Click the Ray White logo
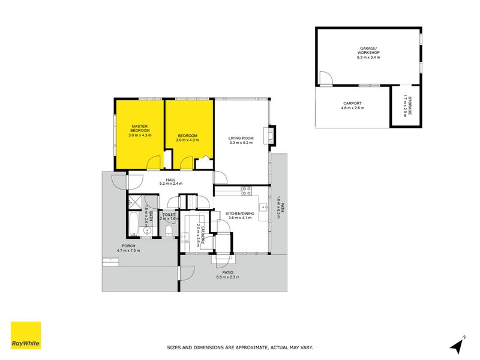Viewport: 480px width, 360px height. tap(26, 335)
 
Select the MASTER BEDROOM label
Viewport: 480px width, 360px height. tap(140, 128)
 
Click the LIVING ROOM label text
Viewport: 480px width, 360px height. tap(241, 139)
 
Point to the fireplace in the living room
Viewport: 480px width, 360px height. tap(272, 135)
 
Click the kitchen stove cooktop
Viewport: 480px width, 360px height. tap(246, 191)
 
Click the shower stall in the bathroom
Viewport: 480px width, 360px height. tap(134, 202)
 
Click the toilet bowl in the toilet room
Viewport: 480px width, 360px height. tap(169, 231)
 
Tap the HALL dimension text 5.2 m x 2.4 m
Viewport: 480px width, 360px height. tap(170, 184)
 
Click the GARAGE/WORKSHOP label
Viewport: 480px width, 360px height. tap(368, 50)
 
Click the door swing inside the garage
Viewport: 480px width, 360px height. tap(325, 78)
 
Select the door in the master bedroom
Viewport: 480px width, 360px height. tap(154, 162)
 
